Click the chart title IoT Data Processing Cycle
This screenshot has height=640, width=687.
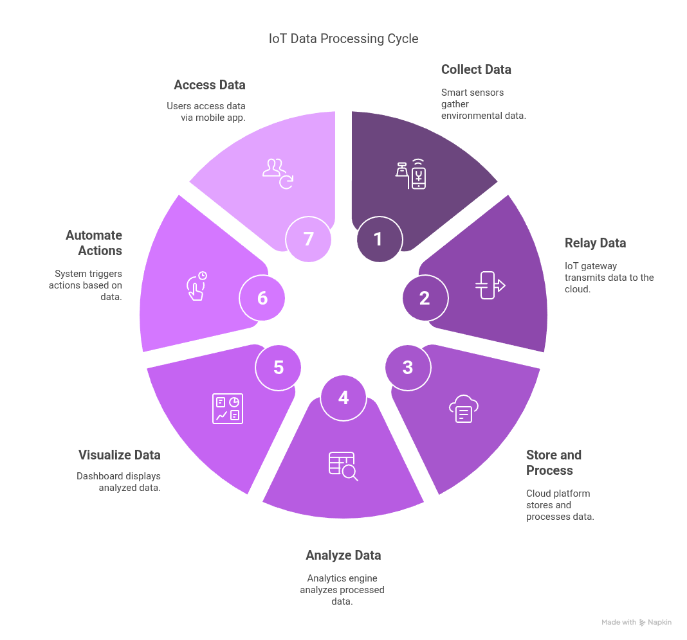[x=343, y=39]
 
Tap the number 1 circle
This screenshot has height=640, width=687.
[x=380, y=239]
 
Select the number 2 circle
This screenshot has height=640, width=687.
[x=425, y=298]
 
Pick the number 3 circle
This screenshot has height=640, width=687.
[x=408, y=368]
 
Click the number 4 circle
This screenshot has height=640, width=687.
[x=343, y=398]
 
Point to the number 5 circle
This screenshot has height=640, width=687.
[x=279, y=368]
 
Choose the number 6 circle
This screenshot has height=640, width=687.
[x=262, y=298]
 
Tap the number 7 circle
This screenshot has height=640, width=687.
[x=309, y=239]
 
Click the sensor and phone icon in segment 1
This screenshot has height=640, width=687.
[x=410, y=174]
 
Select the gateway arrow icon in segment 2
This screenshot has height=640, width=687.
[x=490, y=285]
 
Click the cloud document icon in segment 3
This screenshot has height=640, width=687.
[x=464, y=409]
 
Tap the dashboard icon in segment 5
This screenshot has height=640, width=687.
[x=228, y=409]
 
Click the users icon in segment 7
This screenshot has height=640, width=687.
[x=278, y=173]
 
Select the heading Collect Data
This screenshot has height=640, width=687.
[x=476, y=69]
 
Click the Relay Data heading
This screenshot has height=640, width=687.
[x=595, y=243]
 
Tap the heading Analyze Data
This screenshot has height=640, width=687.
[x=343, y=555]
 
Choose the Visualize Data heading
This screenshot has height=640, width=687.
[x=120, y=455]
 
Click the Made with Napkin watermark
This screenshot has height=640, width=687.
[x=636, y=622]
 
